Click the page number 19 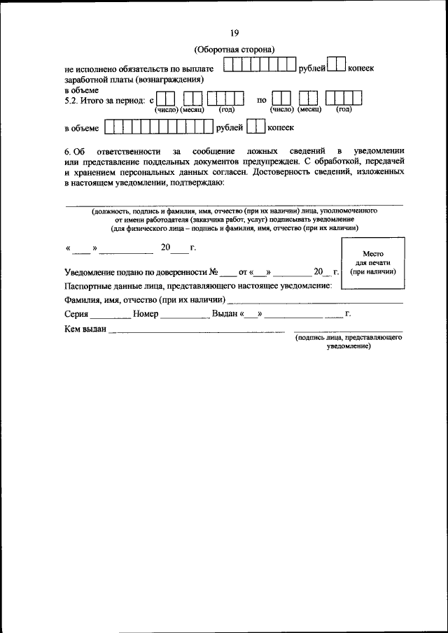click(234, 33)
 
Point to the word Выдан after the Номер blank click(225, 314)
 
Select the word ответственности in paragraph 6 click(123, 151)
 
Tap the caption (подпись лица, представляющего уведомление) click(348, 341)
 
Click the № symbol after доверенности click(212, 272)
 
